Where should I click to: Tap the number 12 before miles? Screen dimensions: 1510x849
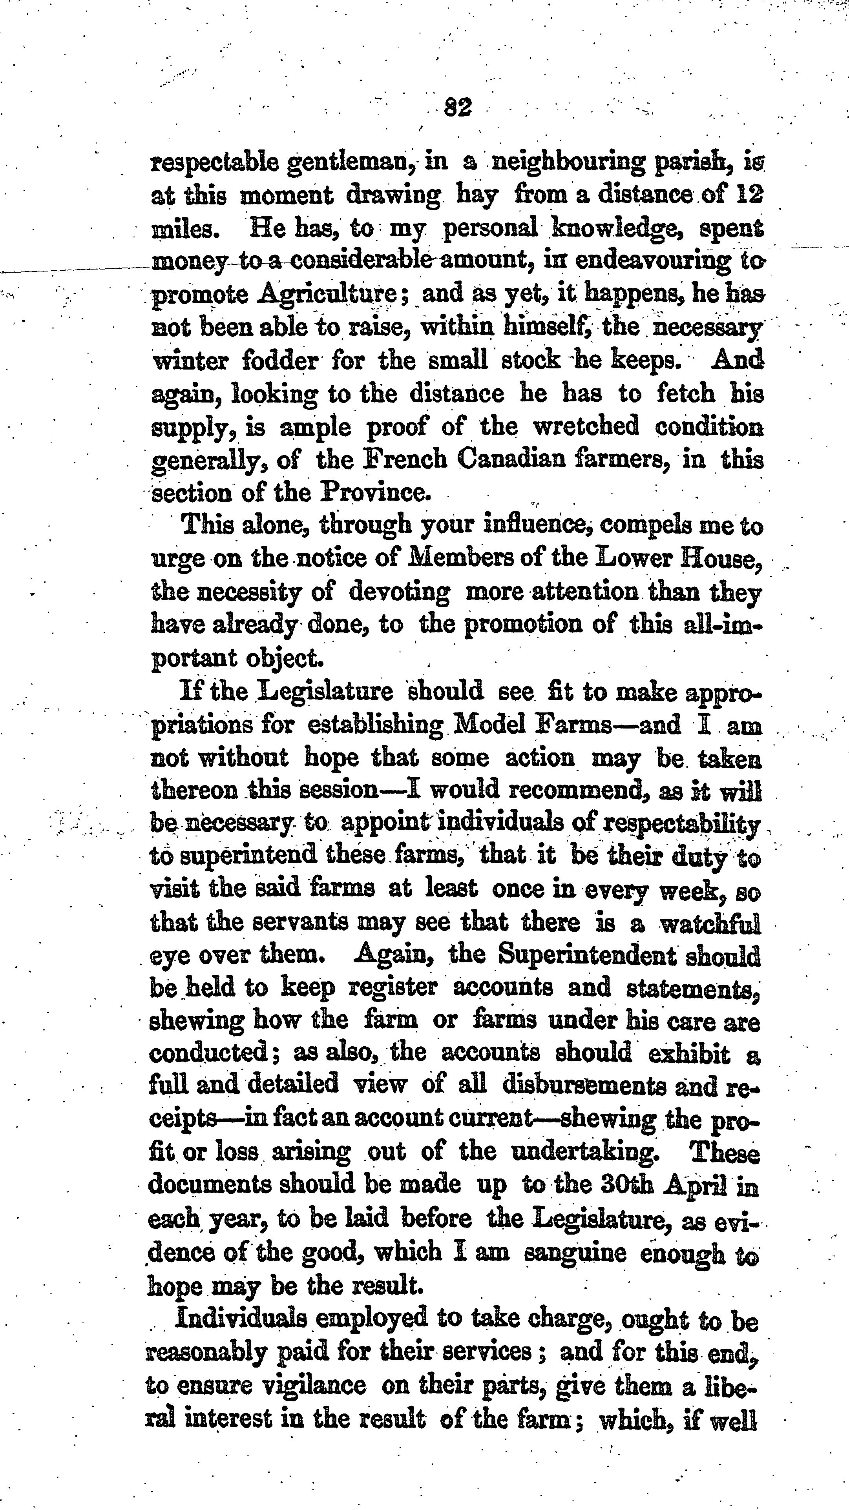(749, 194)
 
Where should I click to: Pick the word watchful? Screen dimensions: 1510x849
(710, 924)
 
